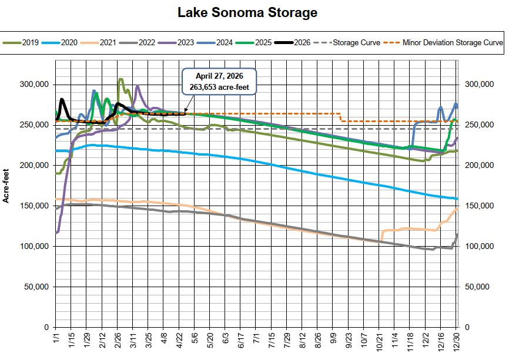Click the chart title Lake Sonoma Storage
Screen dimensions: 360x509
(x=255, y=12)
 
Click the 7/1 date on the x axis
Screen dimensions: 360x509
(x=256, y=340)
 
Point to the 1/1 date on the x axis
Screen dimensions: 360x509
(x=55, y=340)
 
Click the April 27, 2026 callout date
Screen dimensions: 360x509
(x=220, y=76)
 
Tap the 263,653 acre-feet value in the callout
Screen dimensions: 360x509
(x=220, y=87)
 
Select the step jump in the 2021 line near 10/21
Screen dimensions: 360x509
(x=383, y=233)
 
